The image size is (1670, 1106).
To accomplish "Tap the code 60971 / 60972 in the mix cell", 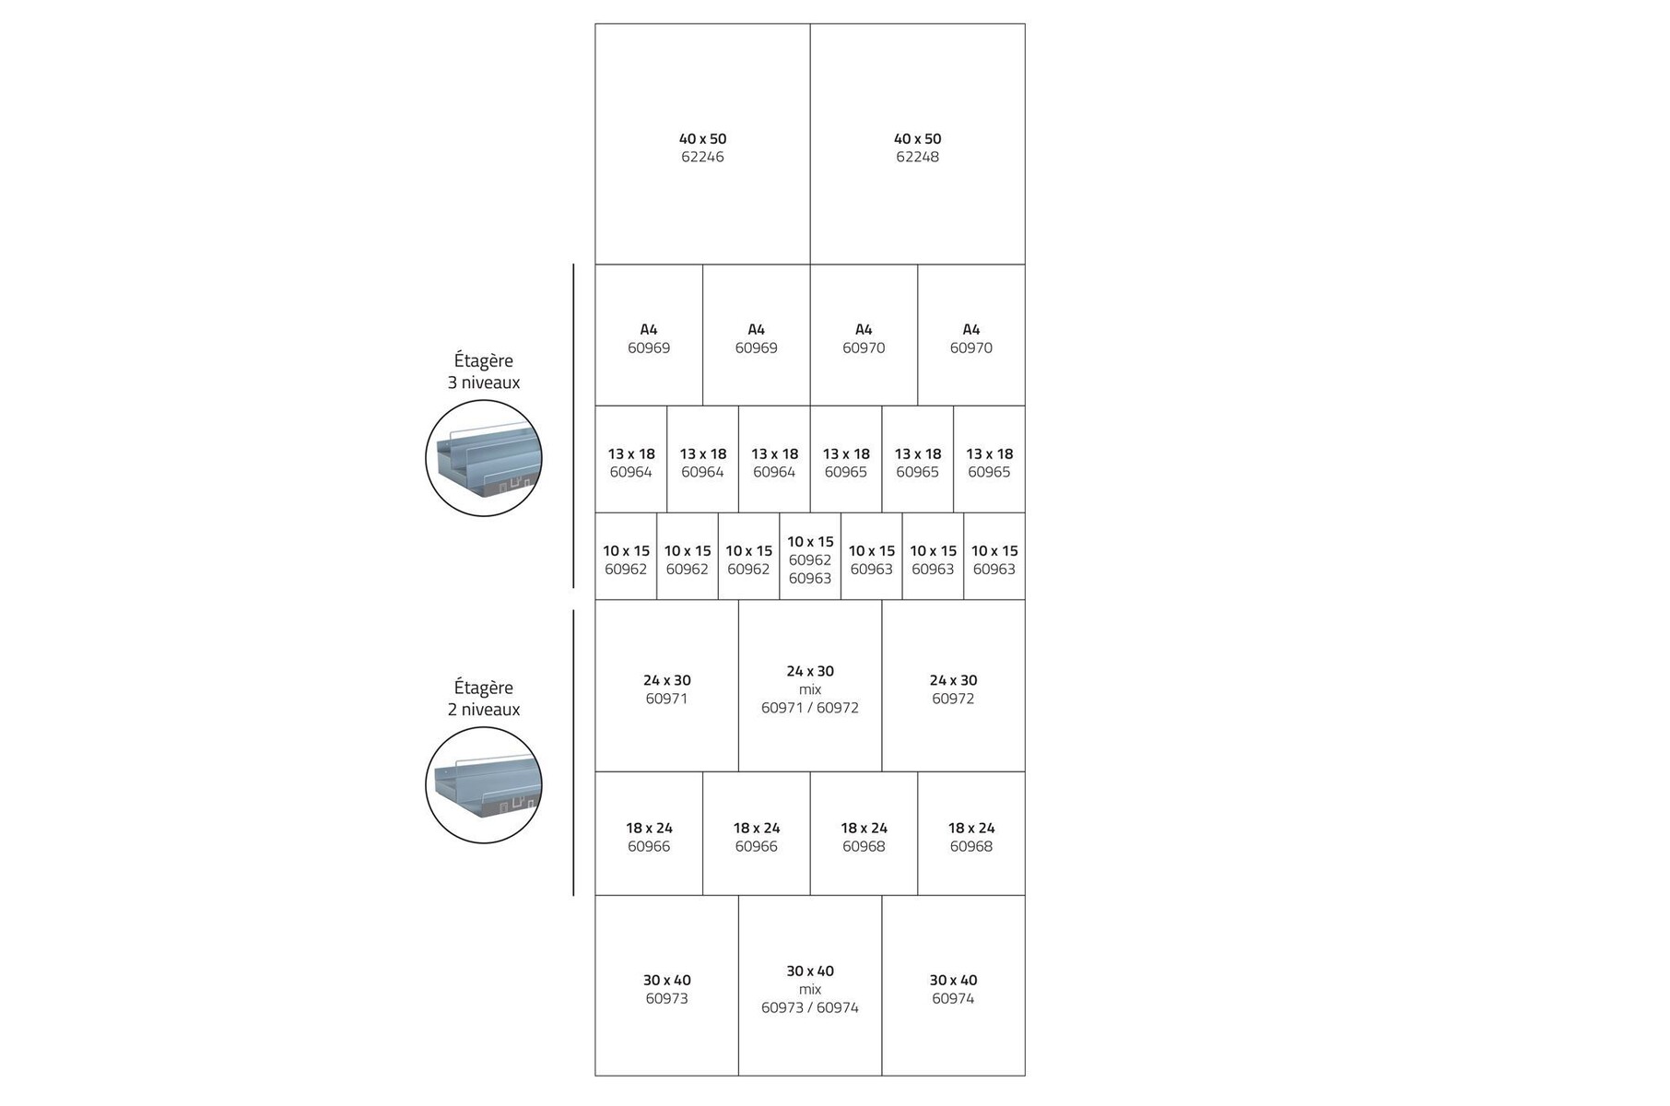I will (x=809, y=708).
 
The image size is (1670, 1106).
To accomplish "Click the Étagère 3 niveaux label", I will (x=484, y=371).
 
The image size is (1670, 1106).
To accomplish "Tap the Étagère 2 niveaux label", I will (x=484, y=699).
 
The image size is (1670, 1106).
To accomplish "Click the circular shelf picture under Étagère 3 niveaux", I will (x=484, y=458).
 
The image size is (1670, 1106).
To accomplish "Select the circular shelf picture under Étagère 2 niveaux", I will (x=484, y=785).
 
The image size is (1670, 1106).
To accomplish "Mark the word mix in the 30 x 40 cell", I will (x=810, y=990).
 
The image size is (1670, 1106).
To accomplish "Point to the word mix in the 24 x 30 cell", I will (x=810, y=689).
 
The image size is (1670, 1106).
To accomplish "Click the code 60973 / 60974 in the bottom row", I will (x=809, y=1008).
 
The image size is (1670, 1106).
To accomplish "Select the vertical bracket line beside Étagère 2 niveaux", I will (x=573, y=752).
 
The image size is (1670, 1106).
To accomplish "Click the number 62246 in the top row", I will (x=702, y=157).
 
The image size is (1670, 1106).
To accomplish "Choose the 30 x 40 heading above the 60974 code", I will (x=953, y=980).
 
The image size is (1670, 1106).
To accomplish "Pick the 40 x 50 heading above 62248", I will (x=917, y=139).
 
